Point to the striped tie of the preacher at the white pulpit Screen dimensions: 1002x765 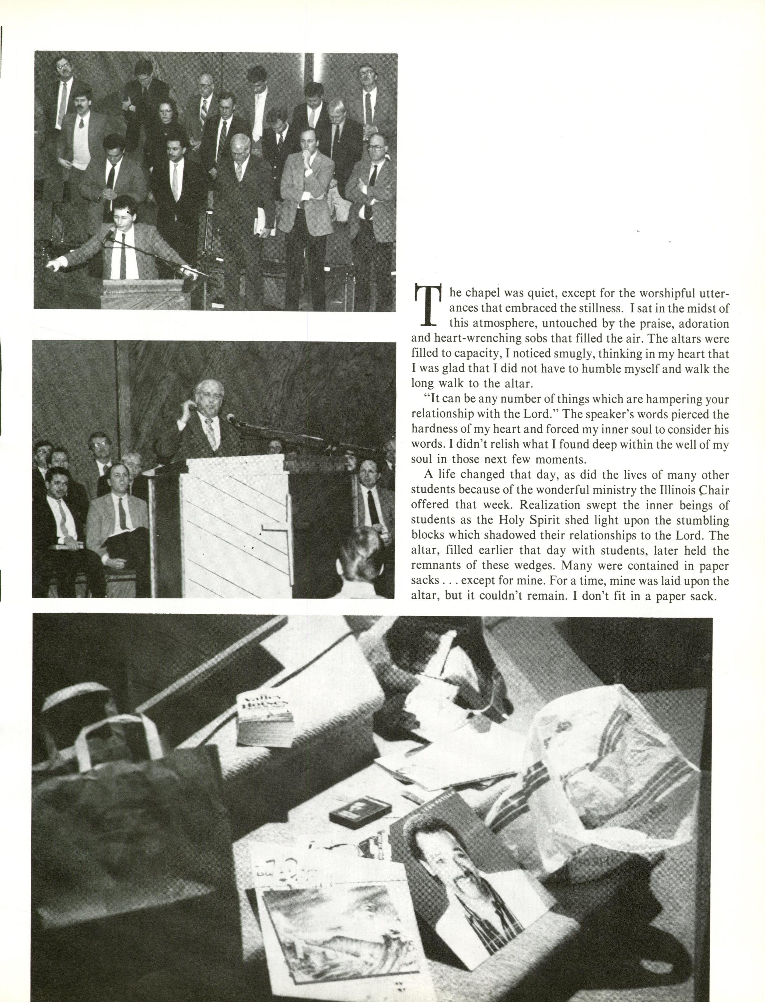(x=210, y=433)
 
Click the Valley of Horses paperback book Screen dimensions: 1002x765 (x=265, y=719)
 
